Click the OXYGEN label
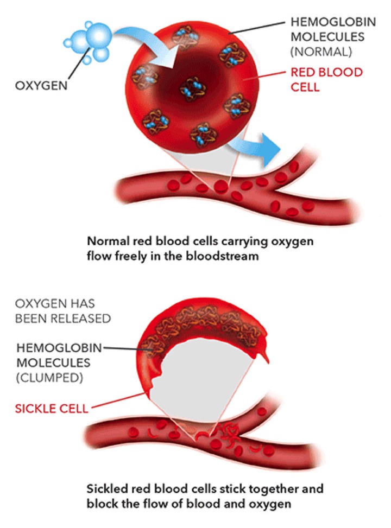[x=41, y=86]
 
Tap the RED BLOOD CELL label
[x=326, y=79]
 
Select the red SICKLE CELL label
[x=51, y=409]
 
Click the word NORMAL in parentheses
[x=321, y=52]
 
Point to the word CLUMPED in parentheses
[x=49, y=378]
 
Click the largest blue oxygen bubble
[x=99, y=35]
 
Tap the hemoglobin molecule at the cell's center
[x=192, y=89]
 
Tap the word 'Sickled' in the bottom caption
[x=107, y=488]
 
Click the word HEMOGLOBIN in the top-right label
[x=333, y=22]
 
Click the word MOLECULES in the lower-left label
[x=53, y=362]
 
